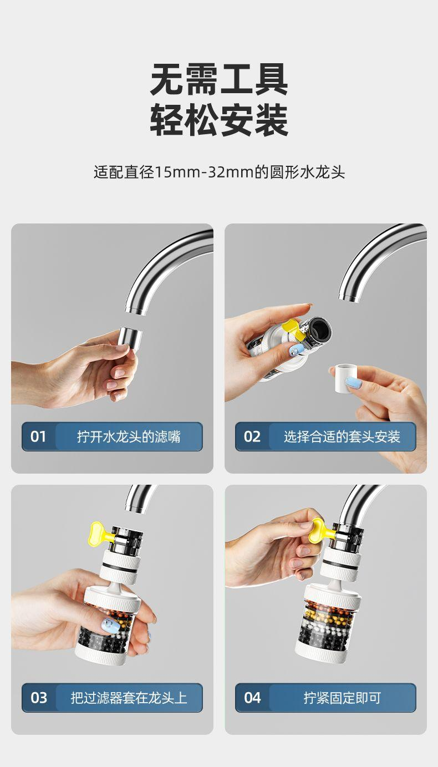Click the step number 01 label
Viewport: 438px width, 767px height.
(x=38, y=436)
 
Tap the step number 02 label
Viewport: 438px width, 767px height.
(x=252, y=436)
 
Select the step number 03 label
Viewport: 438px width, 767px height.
(x=38, y=698)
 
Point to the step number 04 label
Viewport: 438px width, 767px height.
(x=252, y=698)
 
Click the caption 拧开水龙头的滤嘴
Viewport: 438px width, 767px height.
(x=129, y=436)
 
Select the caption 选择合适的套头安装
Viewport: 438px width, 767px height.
(x=342, y=436)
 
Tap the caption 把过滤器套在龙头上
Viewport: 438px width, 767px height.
(x=129, y=698)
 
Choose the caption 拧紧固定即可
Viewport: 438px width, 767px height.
(x=342, y=698)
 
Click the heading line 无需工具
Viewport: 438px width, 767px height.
(x=219, y=79)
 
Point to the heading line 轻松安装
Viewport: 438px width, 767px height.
(x=219, y=120)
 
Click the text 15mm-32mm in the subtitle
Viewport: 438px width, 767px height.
(x=204, y=172)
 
